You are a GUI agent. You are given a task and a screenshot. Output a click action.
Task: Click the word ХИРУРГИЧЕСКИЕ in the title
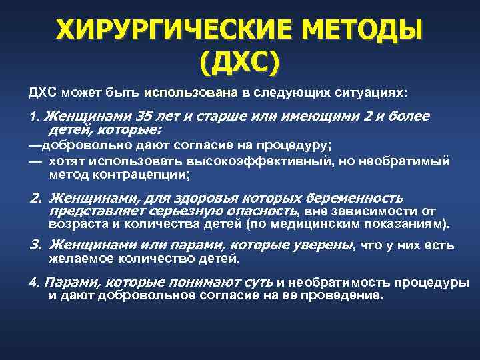click(158, 30)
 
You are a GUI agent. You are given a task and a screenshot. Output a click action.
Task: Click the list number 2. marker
click(37, 198)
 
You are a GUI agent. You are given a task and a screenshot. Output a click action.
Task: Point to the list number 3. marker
click(37, 245)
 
